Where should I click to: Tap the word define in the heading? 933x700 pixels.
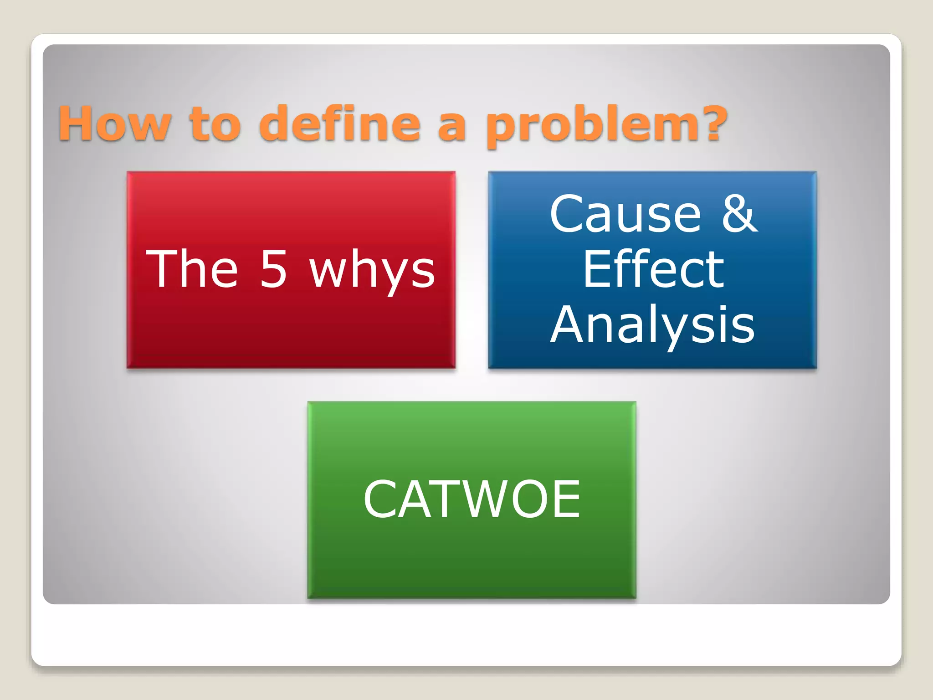(x=339, y=123)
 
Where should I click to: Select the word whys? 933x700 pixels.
(x=372, y=271)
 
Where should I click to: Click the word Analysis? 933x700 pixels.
(x=652, y=324)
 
